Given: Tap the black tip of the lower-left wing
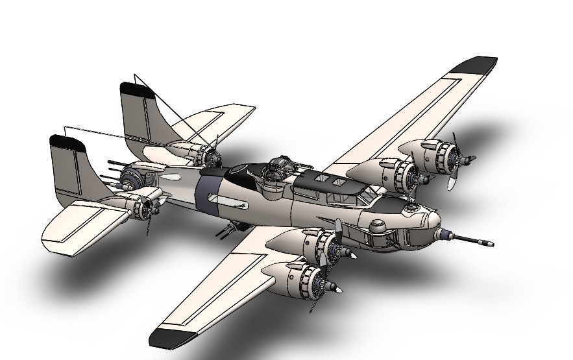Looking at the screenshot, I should (x=173, y=337).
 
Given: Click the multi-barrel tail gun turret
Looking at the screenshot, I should (x=130, y=175).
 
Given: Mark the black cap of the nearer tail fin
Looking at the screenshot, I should (x=67, y=143).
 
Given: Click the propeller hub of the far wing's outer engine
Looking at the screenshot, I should (x=466, y=158).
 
